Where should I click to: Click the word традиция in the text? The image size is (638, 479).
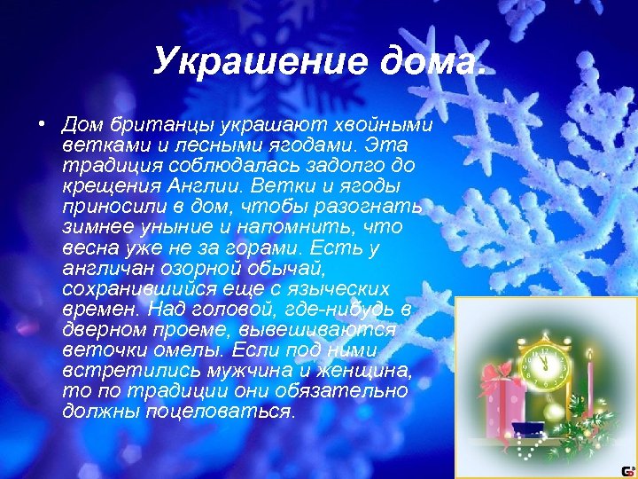point(106,165)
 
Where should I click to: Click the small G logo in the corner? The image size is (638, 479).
point(627,470)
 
